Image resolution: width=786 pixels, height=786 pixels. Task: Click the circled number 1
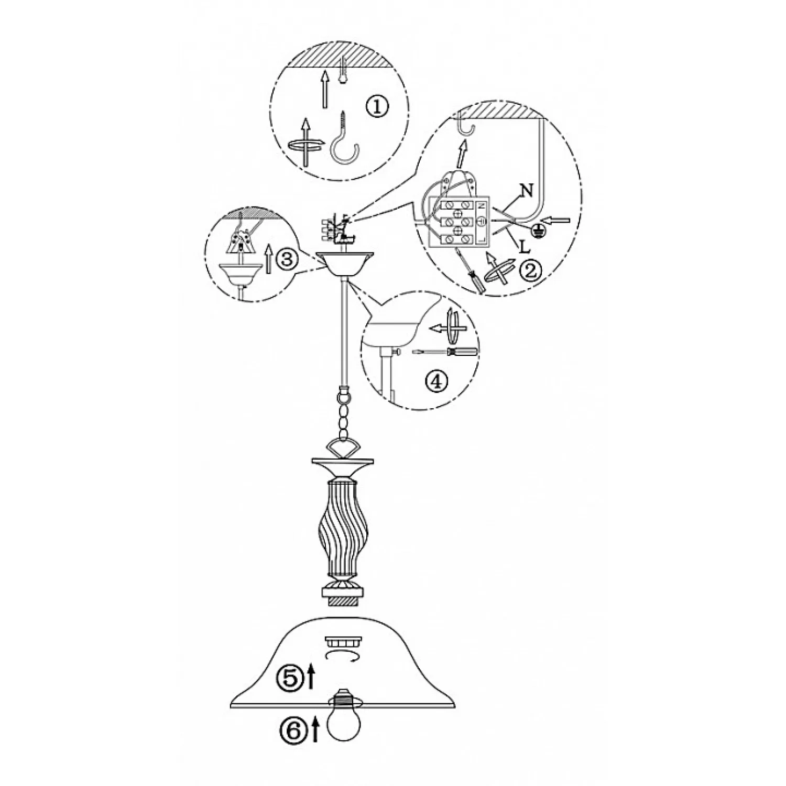point(377,108)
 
